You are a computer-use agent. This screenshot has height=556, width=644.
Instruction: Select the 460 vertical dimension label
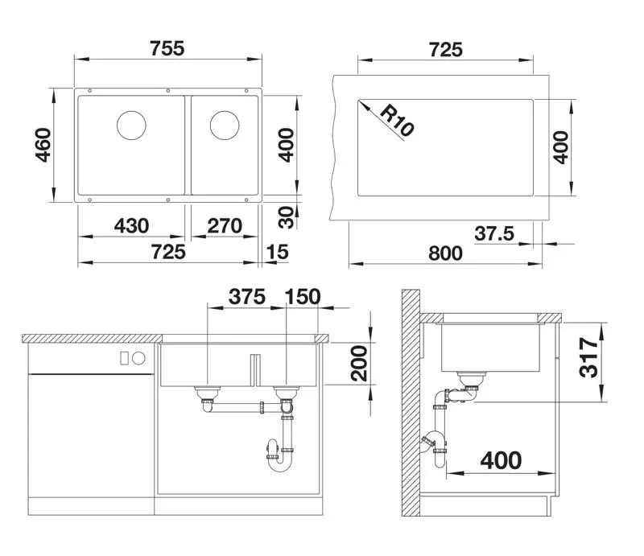point(43,145)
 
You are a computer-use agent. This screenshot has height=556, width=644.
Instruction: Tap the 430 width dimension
point(132,226)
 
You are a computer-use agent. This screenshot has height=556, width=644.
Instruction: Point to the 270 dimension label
point(225,226)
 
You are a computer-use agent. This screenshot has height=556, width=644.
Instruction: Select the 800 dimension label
point(445,253)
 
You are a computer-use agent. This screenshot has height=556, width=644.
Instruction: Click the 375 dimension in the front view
point(246,296)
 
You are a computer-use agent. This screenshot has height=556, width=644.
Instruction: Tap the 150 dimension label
point(303,296)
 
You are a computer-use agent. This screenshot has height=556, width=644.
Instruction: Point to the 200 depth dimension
point(360,364)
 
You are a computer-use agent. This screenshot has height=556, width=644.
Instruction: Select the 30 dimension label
point(283,216)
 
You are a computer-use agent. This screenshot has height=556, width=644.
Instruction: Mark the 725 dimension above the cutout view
point(445,49)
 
